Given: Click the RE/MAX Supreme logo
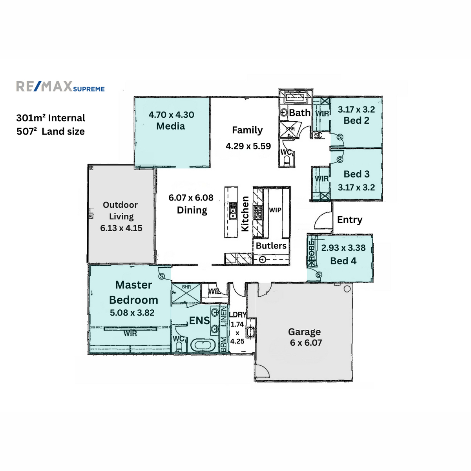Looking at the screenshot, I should [x=60, y=87].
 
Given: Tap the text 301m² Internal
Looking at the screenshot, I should [x=51, y=118].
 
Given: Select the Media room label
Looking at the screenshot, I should [x=171, y=126].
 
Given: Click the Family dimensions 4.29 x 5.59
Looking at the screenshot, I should [x=248, y=146].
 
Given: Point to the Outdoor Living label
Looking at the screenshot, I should [x=121, y=211].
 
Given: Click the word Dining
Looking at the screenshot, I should [x=192, y=210].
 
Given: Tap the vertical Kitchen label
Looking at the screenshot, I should [x=245, y=214].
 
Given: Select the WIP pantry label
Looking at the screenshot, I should [x=275, y=210].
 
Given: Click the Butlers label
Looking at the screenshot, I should [x=271, y=246].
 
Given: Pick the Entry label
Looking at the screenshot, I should [x=350, y=220].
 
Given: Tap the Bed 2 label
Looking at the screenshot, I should [x=356, y=121].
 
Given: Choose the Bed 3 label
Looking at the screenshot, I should [x=356, y=174].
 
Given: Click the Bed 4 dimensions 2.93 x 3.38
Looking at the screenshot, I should [x=343, y=248].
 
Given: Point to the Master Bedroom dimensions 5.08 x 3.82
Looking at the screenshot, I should [x=132, y=313].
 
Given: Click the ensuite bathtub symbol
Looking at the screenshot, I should [x=203, y=346].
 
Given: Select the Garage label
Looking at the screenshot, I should [x=305, y=332].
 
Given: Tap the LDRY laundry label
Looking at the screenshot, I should [x=237, y=315].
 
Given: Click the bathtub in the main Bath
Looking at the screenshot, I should [x=295, y=97].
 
